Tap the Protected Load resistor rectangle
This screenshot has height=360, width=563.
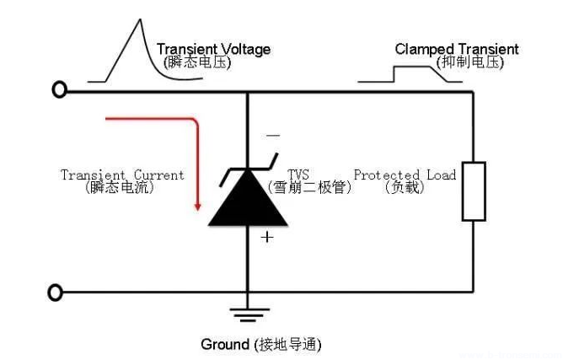click(x=474, y=191)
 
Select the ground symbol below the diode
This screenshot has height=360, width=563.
click(x=247, y=314)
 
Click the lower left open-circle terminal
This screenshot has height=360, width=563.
click(x=56, y=293)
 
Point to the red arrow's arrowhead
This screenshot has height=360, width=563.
click(x=197, y=204)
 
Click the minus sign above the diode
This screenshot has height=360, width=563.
click(x=271, y=136)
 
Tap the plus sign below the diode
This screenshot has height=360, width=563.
click(x=267, y=238)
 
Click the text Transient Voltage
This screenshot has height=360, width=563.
click(x=213, y=49)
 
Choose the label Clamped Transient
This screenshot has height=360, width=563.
click(x=456, y=49)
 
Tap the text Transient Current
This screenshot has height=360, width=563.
click(x=121, y=175)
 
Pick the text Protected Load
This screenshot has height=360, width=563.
click(x=404, y=175)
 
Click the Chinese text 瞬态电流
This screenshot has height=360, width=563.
click(x=121, y=188)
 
